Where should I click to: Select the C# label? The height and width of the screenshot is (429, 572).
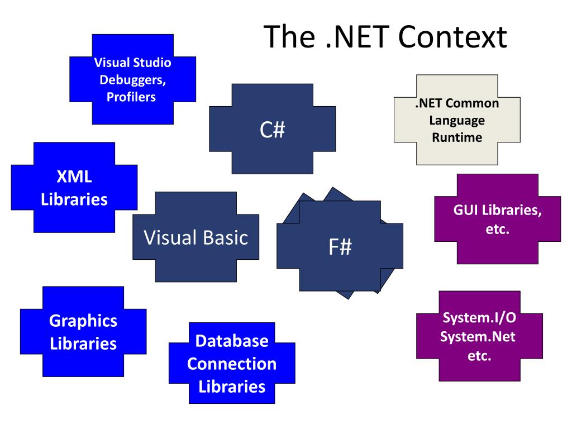tap(272, 130)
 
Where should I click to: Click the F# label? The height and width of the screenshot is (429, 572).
tap(340, 246)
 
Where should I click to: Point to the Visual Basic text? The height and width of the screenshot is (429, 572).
tap(196, 237)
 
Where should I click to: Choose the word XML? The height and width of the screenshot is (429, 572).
tap(74, 178)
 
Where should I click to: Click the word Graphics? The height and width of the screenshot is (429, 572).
tap(83, 321)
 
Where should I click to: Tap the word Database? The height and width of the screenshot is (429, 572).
tap(232, 341)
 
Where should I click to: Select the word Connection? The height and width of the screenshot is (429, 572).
tap(232, 364)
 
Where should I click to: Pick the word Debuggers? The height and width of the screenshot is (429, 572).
tap(132, 79)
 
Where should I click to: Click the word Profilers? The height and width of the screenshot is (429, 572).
tap(131, 97)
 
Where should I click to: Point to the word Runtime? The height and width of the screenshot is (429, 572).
tap(457, 137)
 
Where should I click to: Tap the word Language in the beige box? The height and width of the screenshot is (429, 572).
tap(457, 120)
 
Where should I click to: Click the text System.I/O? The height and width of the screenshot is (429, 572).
tap(479, 318)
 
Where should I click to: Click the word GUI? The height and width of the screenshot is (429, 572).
tap(466, 211)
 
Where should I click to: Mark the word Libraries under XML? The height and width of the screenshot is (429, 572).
tap(74, 199)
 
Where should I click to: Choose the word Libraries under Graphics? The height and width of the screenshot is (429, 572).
tap(83, 343)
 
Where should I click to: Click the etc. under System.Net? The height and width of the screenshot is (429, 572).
tap(479, 356)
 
